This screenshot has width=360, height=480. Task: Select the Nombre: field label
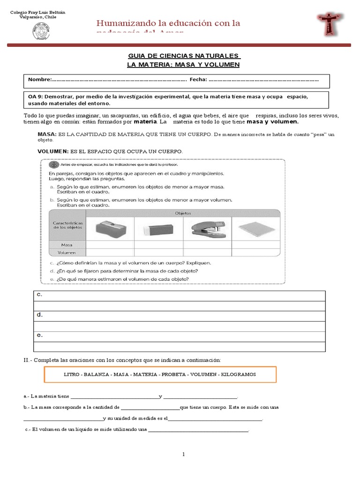tap(39, 80)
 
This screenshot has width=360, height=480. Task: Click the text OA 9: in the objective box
tap(37, 97)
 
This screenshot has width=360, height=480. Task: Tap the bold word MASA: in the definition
tap(47, 134)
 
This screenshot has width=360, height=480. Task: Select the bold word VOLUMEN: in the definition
tap(52, 151)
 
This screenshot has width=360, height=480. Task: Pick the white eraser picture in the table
tap(158, 228)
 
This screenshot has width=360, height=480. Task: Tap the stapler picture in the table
tap(206, 227)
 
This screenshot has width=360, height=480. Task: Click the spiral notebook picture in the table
tap(255, 228)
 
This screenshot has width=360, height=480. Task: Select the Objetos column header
tap(183, 213)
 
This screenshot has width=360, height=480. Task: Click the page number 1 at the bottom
tap(184, 454)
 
